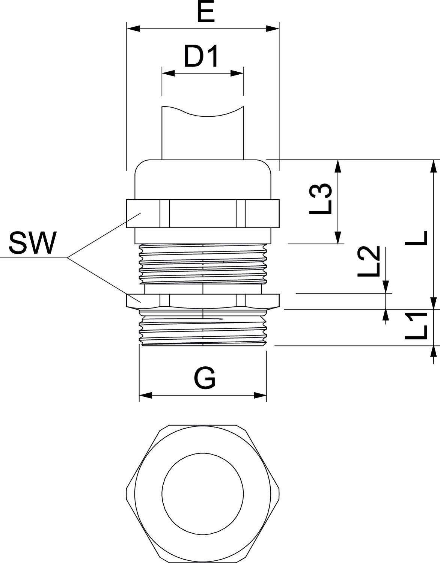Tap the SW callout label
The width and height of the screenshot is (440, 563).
tap(32, 243)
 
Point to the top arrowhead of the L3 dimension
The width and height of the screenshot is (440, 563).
tap(339, 166)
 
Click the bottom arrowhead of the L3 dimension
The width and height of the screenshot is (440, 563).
tap(339, 238)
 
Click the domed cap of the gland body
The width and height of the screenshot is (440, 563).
tap(203, 178)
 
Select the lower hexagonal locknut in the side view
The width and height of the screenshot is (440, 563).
tap(203, 301)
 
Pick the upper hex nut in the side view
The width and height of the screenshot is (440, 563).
tap(203, 213)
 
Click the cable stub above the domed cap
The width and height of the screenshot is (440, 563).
tap(203, 135)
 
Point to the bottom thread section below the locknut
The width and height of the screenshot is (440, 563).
tap(203, 328)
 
